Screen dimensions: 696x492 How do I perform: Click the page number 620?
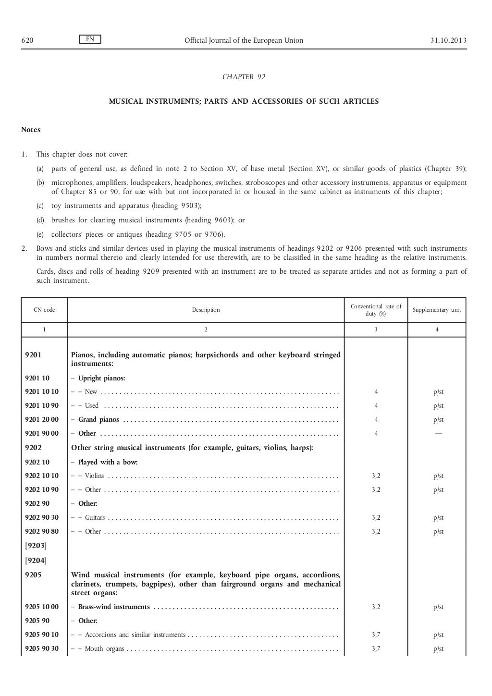[27, 40]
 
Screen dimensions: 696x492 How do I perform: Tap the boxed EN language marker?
[90, 39]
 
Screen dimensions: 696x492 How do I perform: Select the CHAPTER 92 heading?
[244, 77]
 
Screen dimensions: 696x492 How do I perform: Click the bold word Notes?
[31, 130]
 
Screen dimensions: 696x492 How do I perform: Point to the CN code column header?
[44, 310]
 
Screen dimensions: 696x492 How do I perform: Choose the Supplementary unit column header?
[437, 310]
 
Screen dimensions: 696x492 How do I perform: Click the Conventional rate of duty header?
[376, 310]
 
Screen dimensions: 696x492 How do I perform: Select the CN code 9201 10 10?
[42, 392]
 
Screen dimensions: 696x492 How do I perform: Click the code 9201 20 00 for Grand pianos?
[42, 420]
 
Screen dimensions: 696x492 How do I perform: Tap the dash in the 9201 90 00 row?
[438, 433]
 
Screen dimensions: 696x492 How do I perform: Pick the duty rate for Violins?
[376, 476]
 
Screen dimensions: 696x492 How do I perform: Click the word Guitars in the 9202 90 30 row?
[95, 518]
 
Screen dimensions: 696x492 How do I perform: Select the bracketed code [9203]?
[36, 546]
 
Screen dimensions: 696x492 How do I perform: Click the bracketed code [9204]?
[36, 560]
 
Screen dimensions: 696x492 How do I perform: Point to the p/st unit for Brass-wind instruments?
[438, 607]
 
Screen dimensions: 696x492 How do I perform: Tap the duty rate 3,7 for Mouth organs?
[376, 649]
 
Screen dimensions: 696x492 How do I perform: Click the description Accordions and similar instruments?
[135, 635]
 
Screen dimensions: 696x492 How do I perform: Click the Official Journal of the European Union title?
[244, 40]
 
